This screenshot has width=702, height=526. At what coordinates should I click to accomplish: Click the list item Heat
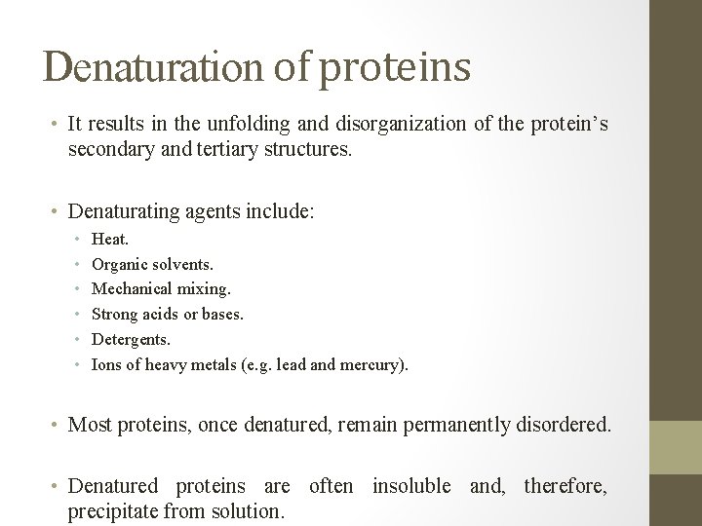(x=109, y=238)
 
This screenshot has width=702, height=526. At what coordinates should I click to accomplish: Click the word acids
(x=160, y=314)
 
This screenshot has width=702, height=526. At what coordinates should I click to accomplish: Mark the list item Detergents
(x=131, y=340)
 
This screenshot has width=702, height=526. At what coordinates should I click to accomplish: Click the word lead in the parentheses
(x=291, y=365)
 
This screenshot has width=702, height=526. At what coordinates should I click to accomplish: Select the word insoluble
(x=410, y=484)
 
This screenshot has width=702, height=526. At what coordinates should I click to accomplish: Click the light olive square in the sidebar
(x=677, y=447)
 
